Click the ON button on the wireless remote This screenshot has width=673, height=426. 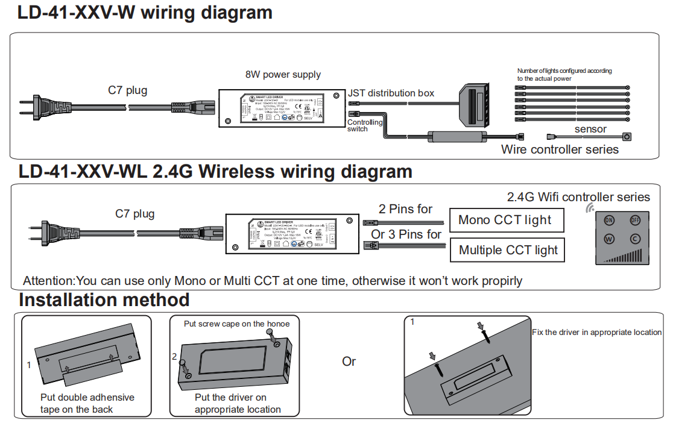tap(609, 221)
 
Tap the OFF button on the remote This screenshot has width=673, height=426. tap(635, 221)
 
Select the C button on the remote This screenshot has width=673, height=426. tap(635, 239)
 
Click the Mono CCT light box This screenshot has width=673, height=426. tap(507, 220)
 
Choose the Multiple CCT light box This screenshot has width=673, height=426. tap(508, 250)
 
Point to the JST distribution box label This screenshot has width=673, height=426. tap(391, 93)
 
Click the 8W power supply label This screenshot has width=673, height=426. tap(283, 75)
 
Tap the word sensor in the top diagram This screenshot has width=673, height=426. tap(590, 129)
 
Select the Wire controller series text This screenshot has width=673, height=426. tap(560, 149)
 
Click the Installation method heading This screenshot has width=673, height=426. tap(104, 299)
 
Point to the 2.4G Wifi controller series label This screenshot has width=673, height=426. tap(578, 197)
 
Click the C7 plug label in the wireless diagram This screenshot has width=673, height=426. tap(134, 213)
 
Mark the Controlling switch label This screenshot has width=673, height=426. tap(364, 125)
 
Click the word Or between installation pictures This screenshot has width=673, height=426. tap(349, 362)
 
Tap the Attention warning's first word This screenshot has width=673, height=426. tap(48, 281)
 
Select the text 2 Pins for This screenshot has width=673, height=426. tap(405, 209)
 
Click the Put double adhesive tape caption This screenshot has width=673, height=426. tap(87, 403)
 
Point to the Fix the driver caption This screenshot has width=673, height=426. tap(596, 332)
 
